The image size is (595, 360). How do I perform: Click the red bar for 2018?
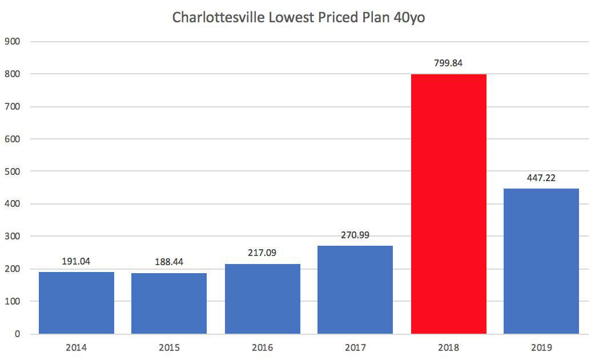[448, 204]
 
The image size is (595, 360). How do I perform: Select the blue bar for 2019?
[541, 261]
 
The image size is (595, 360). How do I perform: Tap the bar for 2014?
[77, 303]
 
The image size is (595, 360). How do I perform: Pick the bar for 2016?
[263, 299]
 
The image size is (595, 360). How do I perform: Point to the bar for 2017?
[355, 290]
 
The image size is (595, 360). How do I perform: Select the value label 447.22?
[541, 178]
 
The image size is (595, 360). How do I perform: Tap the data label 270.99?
[355, 235]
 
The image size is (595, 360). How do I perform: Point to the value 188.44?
[169, 262]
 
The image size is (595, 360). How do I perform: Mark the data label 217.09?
[263, 253]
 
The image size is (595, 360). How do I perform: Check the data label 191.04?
[77, 261]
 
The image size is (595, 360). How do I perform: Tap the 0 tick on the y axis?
[17, 334]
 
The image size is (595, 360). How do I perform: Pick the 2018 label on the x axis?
[448, 347]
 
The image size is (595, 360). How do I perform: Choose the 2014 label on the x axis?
[77, 347]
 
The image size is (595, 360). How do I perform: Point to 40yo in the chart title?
[409, 18]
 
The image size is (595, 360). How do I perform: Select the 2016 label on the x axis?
[263, 347]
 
